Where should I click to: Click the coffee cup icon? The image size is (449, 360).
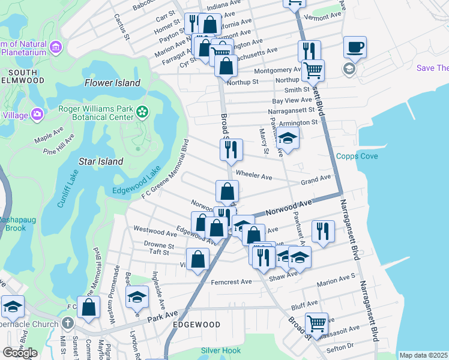tap(355, 46)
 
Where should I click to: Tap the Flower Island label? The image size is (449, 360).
tap(112, 83)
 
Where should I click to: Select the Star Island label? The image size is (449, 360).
tap(101, 161)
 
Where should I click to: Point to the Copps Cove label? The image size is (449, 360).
tap(357, 156)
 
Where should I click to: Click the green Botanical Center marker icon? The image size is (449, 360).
tap(142, 112)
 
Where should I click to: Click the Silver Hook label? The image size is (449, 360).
tap(221, 350)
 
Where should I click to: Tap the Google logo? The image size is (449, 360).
tap(20, 353)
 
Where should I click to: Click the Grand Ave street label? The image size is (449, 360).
tap(316, 178)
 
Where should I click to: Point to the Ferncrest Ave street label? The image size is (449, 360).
tap(231, 281)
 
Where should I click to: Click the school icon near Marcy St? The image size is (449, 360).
tap(288, 139)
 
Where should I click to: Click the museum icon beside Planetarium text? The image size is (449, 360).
tap(56, 47)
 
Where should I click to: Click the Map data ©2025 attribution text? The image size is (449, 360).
tap(424, 355)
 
